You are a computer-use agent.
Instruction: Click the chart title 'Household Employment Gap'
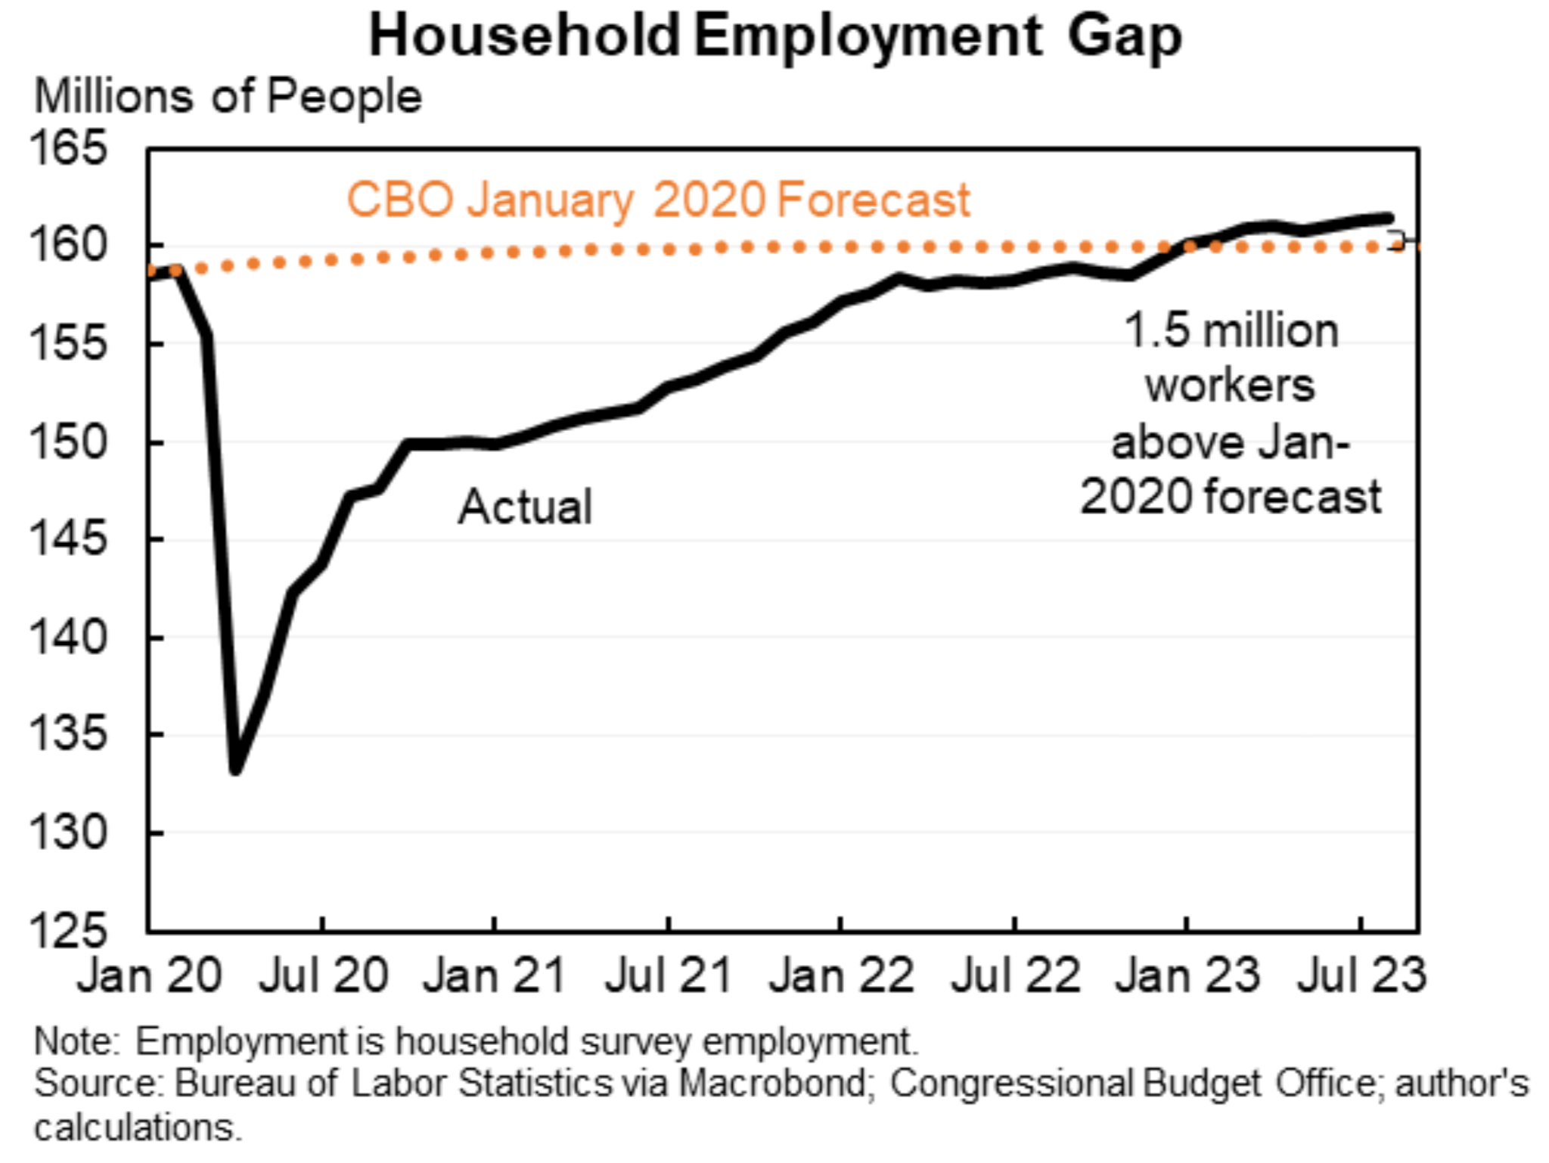pyautogui.click(x=774, y=36)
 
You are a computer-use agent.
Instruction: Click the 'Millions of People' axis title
pyautogui.click(x=228, y=97)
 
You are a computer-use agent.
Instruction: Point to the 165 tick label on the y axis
pyautogui.click(x=68, y=148)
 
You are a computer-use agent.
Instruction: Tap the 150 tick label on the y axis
pyautogui.click(x=68, y=442)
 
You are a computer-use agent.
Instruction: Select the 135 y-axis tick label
pyautogui.click(x=68, y=734)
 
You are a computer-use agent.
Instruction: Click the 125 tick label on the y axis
pyautogui.click(x=68, y=930)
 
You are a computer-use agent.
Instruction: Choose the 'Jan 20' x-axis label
pyautogui.click(x=150, y=975)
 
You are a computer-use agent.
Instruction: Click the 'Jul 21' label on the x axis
pyautogui.click(x=669, y=975)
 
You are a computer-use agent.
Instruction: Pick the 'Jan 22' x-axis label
pyautogui.click(x=841, y=975)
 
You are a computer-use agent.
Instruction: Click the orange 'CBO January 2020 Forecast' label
pyautogui.click(x=658, y=200)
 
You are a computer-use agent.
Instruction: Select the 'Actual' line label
pyautogui.click(x=525, y=507)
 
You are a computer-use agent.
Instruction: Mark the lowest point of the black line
pyautogui.click(x=236, y=770)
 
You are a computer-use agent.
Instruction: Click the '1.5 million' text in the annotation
pyautogui.click(x=1231, y=331)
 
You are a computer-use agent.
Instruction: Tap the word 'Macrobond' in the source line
pyautogui.click(x=773, y=1083)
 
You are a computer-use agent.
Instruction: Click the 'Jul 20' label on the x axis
pyautogui.click(x=324, y=975)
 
